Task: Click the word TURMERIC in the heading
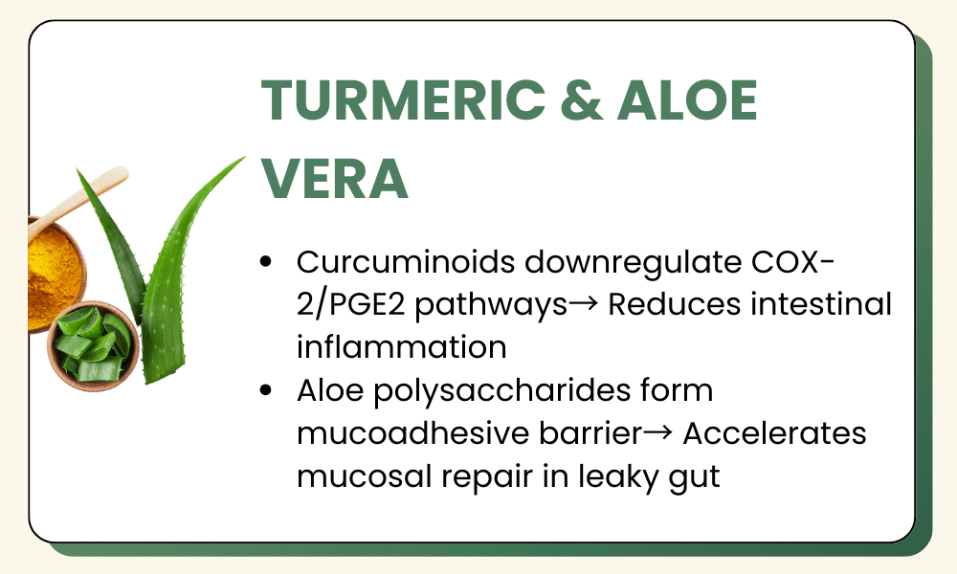tap(404, 99)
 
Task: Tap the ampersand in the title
tap(582, 99)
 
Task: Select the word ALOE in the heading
tap(687, 99)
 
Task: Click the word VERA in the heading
tap(334, 178)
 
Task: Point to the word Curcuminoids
tap(407, 262)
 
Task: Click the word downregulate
tap(633, 263)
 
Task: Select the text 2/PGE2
tap(351, 305)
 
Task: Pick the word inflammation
tap(402, 347)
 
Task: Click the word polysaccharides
tap(502, 391)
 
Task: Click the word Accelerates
tap(774, 433)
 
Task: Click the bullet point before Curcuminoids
tap(265, 262)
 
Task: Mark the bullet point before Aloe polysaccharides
tap(265, 390)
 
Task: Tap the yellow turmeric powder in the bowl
tap(54, 275)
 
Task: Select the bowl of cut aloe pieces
tap(94, 346)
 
